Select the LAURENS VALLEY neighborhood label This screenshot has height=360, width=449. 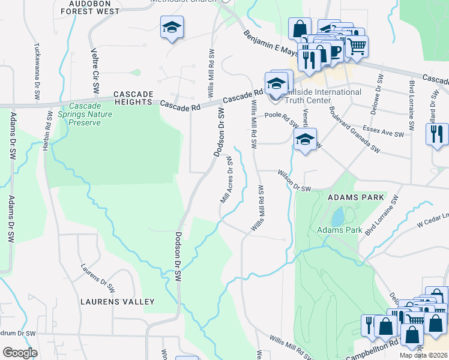[x=117, y=302]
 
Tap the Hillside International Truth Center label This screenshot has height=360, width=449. [x=325, y=96]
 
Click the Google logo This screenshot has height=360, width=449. [x=20, y=352]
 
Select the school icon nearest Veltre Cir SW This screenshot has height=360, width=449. [x=172, y=28]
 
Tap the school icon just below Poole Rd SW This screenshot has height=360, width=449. [x=306, y=142]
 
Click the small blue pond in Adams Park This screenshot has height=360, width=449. [x=337, y=216]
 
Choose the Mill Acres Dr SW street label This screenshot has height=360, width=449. [x=228, y=180]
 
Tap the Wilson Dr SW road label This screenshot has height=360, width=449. [x=294, y=180]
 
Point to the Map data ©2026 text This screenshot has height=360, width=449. [x=423, y=355]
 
